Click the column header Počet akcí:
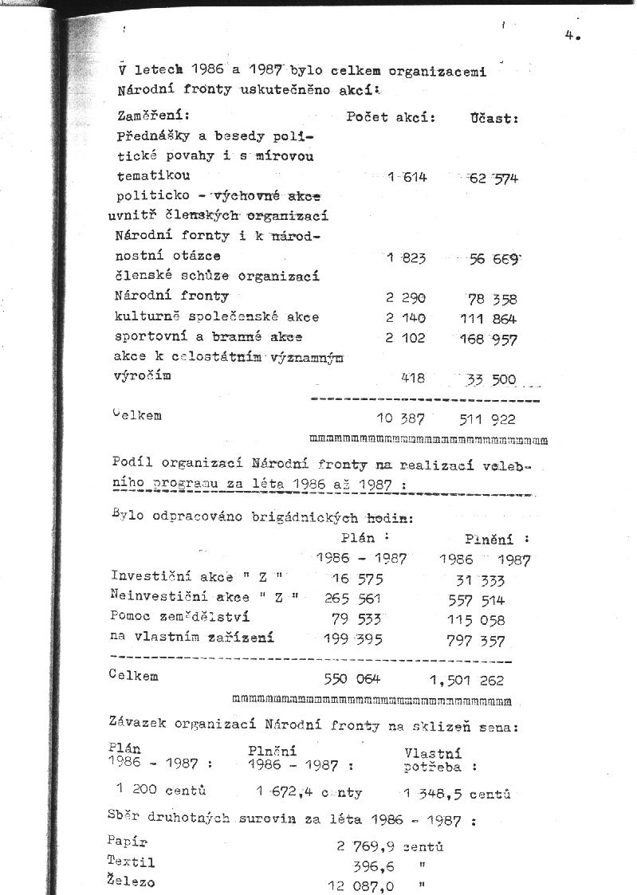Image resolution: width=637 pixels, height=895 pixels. tap(391, 117)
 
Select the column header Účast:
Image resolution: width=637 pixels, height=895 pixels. tap(495, 118)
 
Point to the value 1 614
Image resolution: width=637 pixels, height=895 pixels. tap(407, 177)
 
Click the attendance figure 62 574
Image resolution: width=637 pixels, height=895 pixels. tap(493, 178)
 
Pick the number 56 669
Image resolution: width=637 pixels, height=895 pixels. tap(493, 258)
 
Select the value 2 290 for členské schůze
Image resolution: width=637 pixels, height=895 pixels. tap(406, 298)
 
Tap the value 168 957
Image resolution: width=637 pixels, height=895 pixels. tap(489, 339)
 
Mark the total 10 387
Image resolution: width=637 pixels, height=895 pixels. tap(400, 419)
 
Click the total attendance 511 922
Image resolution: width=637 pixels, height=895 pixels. tap(487, 419)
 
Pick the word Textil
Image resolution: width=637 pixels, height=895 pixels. tap(131, 862)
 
